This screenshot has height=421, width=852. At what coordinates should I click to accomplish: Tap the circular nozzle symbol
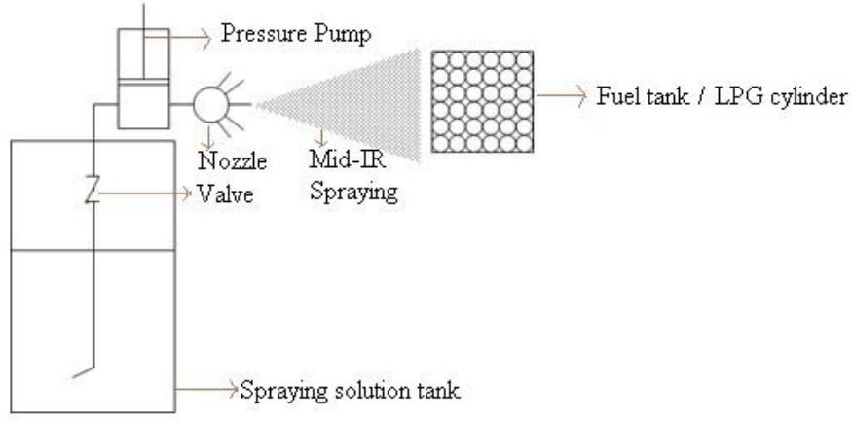click(x=208, y=101)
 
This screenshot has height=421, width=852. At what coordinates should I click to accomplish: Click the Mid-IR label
click(x=334, y=162)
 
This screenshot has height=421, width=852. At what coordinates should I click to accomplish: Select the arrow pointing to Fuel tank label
click(x=559, y=96)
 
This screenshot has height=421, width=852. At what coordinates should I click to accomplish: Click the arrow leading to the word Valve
click(x=146, y=193)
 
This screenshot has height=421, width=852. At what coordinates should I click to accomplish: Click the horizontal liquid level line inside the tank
click(x=93, y=250)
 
